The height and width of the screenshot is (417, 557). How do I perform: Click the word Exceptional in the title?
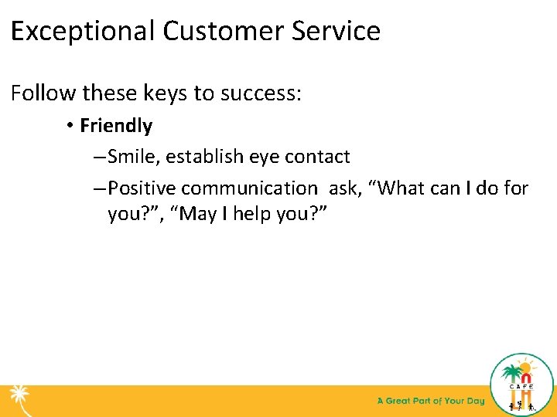[83, 32]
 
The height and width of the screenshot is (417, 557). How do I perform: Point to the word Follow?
[43, 93]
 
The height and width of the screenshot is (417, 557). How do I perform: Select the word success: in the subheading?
[261, 93]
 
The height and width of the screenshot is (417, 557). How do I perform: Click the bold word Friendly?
[116, 126]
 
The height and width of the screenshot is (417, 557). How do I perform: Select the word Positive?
[142, 188]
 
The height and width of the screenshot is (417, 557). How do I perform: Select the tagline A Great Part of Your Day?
[430, 401]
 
